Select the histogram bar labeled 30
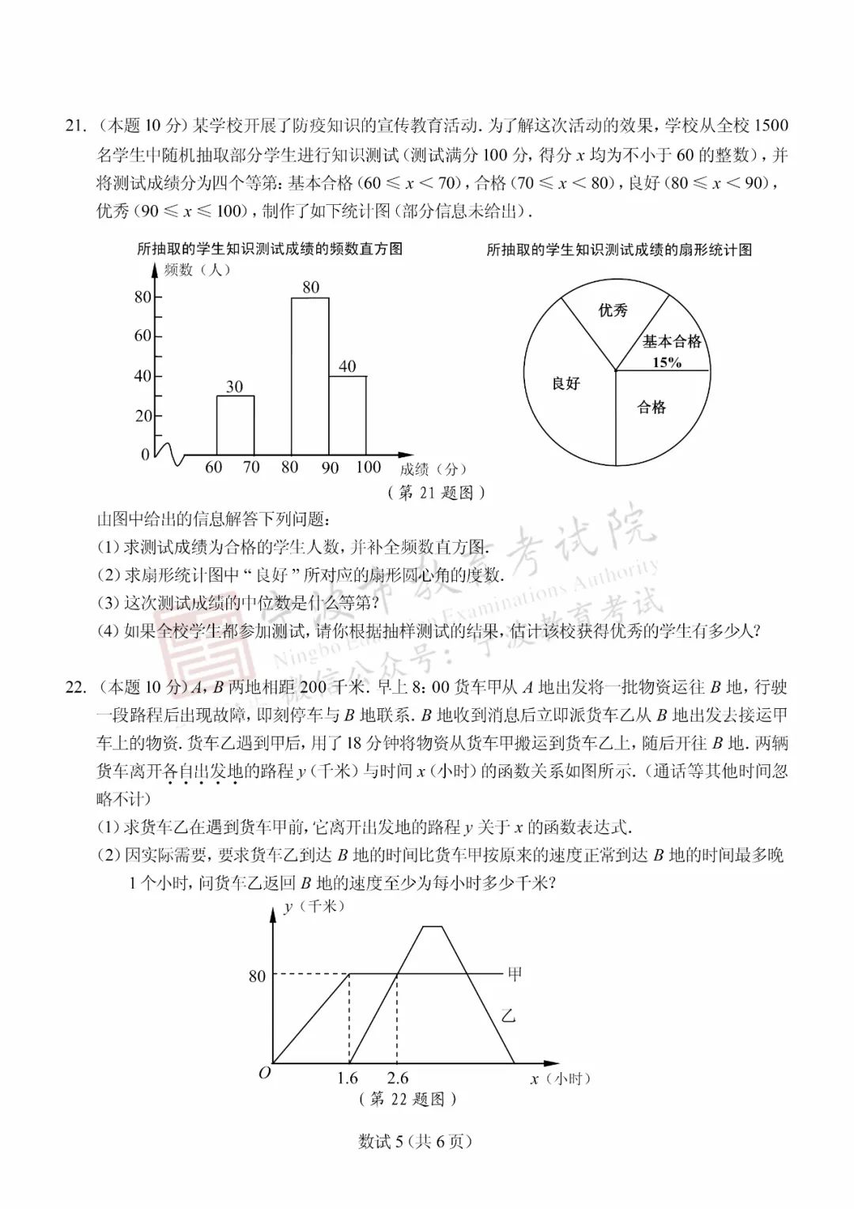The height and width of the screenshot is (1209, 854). tap(235, 427)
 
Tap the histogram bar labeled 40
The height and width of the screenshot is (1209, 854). tap(347, 418)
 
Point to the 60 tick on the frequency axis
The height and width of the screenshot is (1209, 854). tap(142, 336)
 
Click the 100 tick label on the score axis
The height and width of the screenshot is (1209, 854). tap(368, 468)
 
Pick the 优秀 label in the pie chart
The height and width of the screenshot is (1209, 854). tap(613, 310)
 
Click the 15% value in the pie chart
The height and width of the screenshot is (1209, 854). tap(667, 362)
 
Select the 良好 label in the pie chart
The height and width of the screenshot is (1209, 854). tap(565, 384)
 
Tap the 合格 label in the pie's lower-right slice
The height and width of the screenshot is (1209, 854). tap(652, 408)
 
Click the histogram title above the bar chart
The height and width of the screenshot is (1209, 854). tap(270, 249)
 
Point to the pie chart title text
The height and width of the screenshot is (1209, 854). tap(619, 250)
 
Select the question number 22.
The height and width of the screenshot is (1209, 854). tap(75, 687)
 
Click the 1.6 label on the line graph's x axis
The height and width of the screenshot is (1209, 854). tap(347, 1078)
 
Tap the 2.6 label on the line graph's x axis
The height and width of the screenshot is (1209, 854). tap(398, 1078)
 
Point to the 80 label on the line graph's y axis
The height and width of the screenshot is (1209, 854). tap(257, 976)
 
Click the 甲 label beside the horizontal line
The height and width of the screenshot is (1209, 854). tap(515, 975)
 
